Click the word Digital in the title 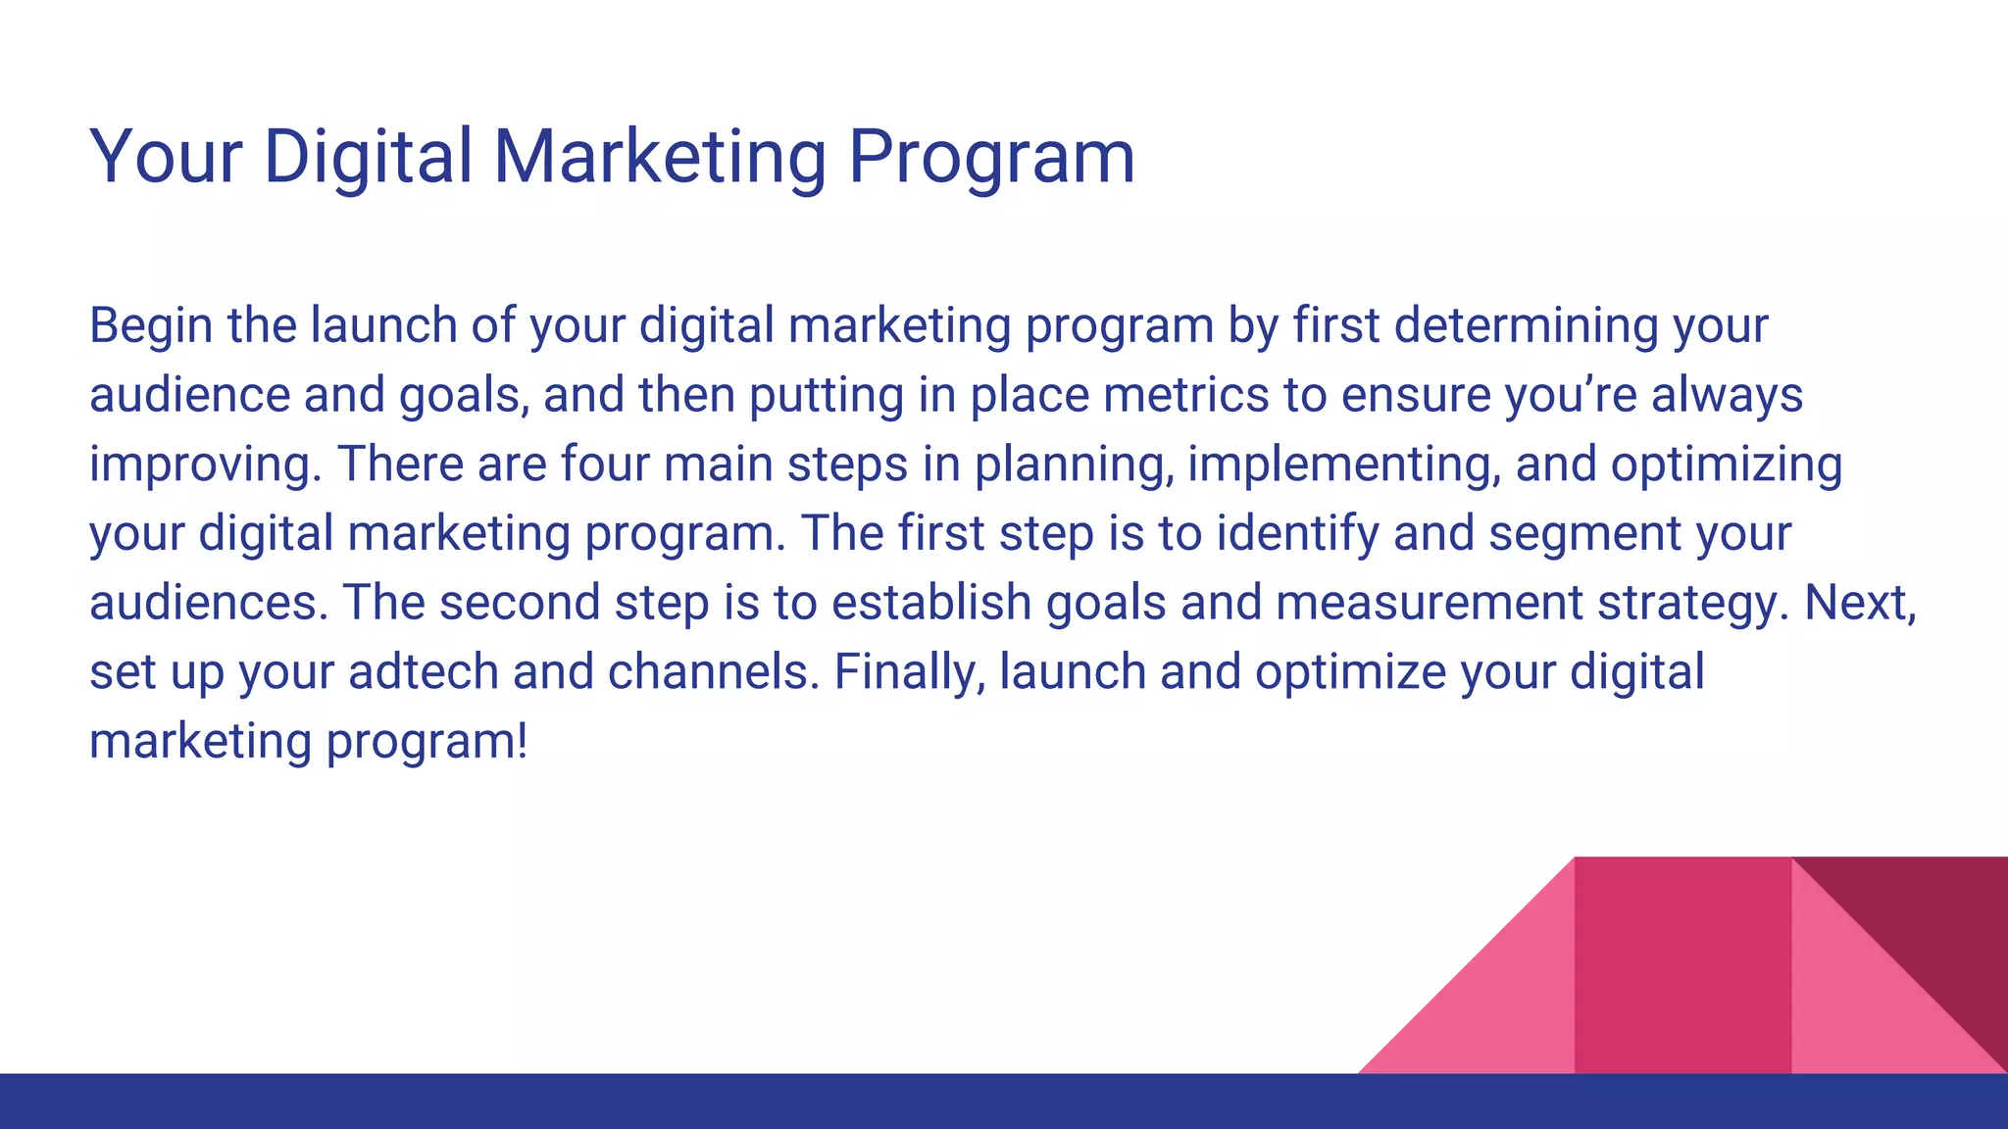tap(369, 157)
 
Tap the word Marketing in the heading tap(660, 157)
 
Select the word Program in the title tap(991, 157)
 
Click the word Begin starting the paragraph tap(151, 326)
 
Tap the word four tap(605, 464)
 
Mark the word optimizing tap(1727, 465)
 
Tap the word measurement tap(1430, 603)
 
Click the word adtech tap(423, 672)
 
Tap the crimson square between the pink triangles tap(1682, 965)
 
